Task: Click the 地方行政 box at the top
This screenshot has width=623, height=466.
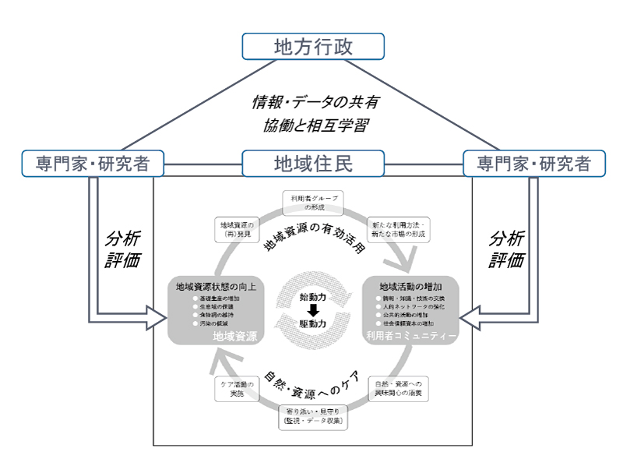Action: tap(313, 46)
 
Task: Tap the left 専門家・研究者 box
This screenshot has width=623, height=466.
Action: tap(93, 164)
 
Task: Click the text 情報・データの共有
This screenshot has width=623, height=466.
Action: tap(315, 102)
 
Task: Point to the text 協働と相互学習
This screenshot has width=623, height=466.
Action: tap(315, 125)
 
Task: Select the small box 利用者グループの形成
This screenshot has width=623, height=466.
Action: tap(311, 203)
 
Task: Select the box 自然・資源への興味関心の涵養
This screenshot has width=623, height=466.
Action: tap(398, 389)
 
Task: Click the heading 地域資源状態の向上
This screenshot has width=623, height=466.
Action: tap(214, 286)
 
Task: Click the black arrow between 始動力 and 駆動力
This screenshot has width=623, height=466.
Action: tap(313, 309)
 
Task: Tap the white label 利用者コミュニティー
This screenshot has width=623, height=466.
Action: tap(410, 335)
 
